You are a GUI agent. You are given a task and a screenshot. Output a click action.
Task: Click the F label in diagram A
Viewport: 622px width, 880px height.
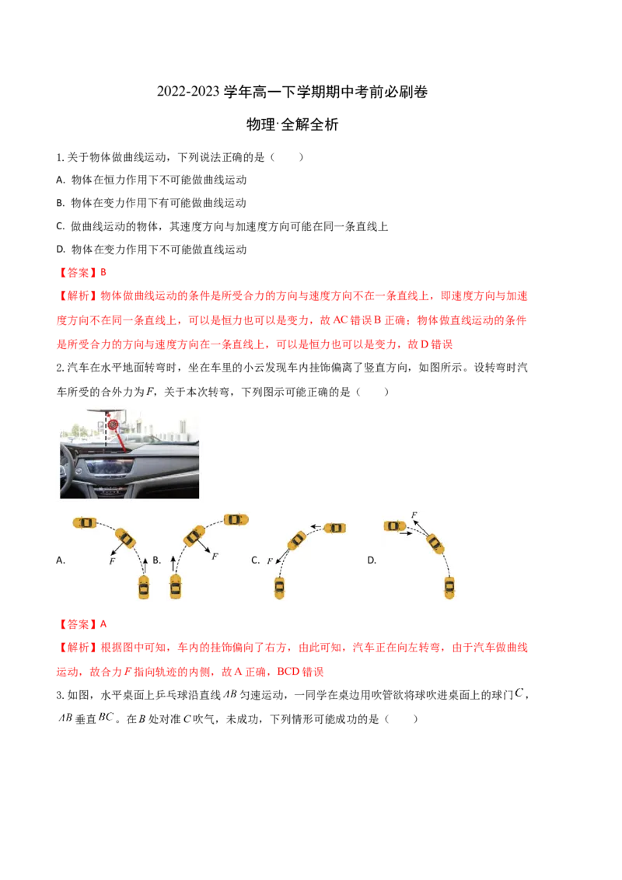point(112,560)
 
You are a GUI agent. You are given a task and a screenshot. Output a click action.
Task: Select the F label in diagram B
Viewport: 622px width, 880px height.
point(215,556)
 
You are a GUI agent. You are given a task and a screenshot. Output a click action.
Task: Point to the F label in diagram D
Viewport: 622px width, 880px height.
point(414,515)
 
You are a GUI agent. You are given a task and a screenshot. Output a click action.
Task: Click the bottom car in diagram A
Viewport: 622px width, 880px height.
point(144,587)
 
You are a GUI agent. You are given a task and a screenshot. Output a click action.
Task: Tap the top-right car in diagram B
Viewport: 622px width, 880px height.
point(236,520)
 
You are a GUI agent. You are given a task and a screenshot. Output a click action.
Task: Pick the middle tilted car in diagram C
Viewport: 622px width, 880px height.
point(296,540)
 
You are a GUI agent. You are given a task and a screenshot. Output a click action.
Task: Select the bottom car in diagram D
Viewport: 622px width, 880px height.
point(449,587)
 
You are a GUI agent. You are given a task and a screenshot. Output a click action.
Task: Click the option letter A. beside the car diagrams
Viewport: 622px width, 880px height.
point(61,560)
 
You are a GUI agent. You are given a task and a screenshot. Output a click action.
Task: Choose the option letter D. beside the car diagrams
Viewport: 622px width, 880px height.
point(372,560)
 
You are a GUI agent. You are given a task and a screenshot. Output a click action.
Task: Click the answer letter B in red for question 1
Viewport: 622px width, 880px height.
point(103,273)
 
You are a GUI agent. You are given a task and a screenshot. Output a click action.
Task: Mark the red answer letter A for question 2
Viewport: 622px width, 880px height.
point(103,624)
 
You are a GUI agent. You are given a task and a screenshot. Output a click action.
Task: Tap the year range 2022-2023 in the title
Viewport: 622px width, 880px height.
point(188,92)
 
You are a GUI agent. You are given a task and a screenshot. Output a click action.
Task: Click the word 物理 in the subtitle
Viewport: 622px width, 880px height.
point(260,124)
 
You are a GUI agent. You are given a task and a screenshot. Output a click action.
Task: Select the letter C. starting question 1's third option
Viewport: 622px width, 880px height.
point(61,226)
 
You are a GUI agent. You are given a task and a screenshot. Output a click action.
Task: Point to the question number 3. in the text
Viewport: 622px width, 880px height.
point(60,695)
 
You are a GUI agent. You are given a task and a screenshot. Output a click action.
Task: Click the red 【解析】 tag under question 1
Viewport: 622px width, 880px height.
point(78,296)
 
